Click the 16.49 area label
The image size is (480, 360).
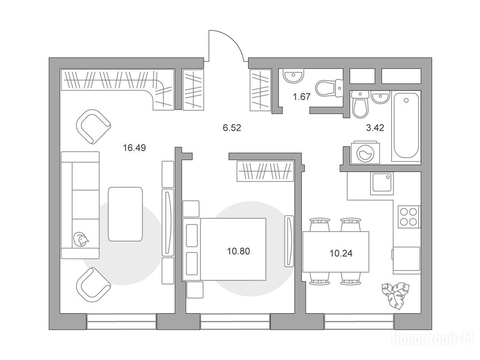point(135,148)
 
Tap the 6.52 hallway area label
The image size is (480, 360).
point(232,127)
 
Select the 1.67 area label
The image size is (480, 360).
point(302,97)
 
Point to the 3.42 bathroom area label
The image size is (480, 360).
point(375,127)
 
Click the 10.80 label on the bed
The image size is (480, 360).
point(239,251)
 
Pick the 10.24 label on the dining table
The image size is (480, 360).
point(341,254)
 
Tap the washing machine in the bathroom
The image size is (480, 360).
point(365,151)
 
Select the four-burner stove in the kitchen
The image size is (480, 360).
point(409,216)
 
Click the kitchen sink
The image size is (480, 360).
point(382,183)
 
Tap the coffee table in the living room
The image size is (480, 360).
point(125,214)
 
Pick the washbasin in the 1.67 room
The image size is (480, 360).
point(293,75)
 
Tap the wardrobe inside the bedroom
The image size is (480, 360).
point(265,171)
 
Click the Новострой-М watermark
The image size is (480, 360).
point(434,338)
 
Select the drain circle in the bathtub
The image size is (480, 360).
point(406,100)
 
